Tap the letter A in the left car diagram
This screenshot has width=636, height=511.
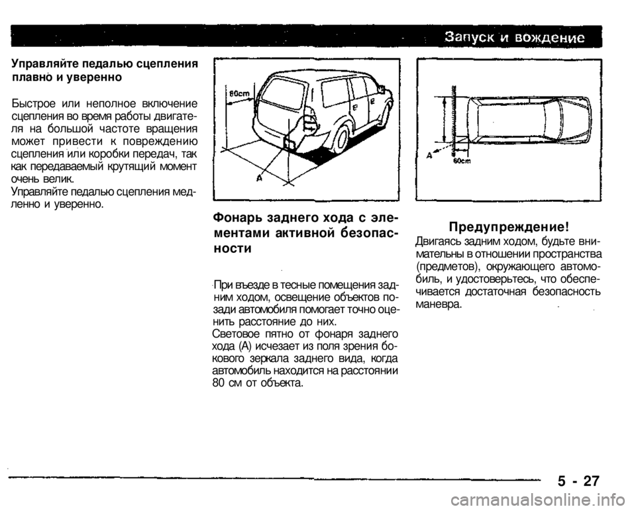[x=258, y=178]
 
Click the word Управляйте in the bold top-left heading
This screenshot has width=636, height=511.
[x=44, y=64]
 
